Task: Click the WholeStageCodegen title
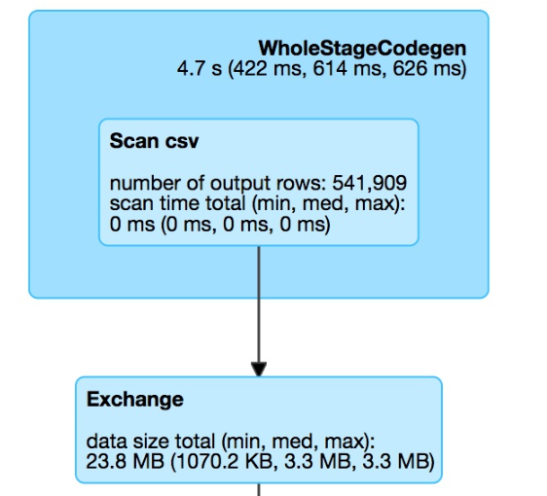tap(362, 49)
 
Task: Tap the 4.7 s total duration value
tap(200, 68)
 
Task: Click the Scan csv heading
tap(154, 141)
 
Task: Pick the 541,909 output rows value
tap(370, 183)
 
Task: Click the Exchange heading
tap(135, 399)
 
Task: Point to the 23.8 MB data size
tap(125, 462)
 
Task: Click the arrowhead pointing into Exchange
tap(259, 370)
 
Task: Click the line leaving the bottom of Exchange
tap(259, 489)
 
